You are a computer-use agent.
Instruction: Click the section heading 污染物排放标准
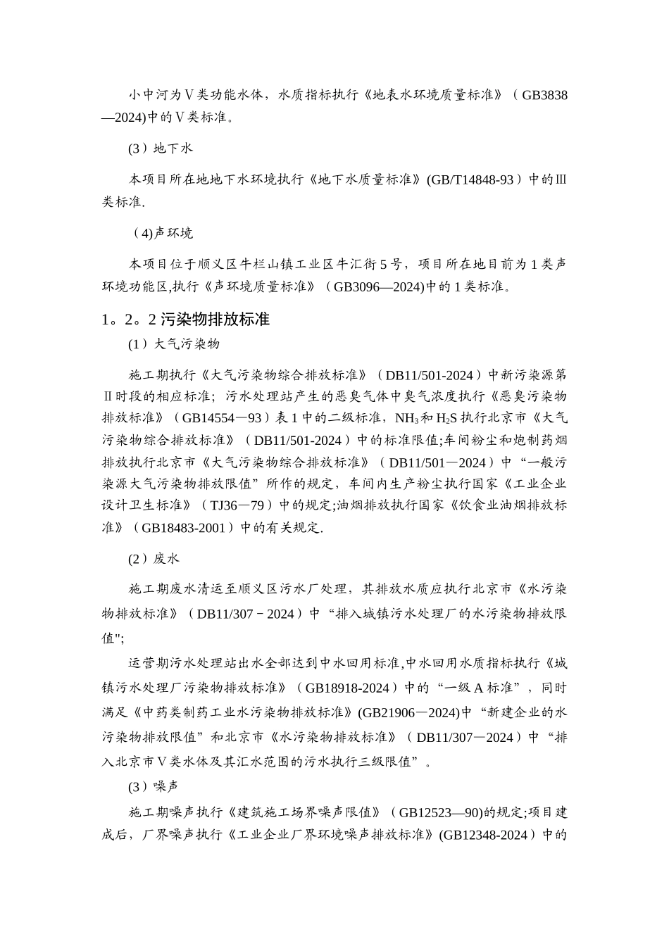pyautogui.click(x=215, y=319)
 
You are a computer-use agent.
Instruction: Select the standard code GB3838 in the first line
pyautogui.click(x=544, y=95)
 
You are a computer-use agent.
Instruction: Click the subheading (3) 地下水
pyautogui.click(x=161, y=149)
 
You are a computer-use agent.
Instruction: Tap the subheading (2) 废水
pyautogui.click(x=154, y=558)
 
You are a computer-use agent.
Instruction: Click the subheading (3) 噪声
pyautogui.click(x=154, y=785)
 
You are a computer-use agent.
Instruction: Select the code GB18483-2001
pyautogui.click(x=183, y=527)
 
